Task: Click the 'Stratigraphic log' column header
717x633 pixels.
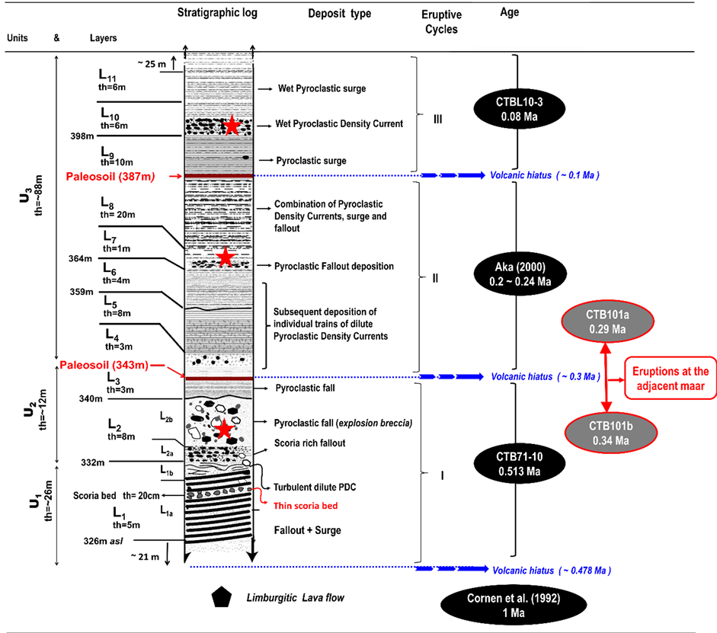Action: tap(217, 14)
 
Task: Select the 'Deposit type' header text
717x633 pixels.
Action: tap(340, 14)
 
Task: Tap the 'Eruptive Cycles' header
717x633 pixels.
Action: tap(441, 22)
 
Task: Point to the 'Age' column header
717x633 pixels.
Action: tap(510, 13)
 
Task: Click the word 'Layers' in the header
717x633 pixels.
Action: tap(103, 38)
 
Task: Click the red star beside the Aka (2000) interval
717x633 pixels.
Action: tap(225, 257)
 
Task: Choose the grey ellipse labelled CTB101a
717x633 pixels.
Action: tap(607, 321)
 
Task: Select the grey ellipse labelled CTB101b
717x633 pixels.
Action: tap(610, 433)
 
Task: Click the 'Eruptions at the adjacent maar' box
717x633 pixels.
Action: tap(671, 379)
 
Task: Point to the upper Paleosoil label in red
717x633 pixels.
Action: tap(111, 177)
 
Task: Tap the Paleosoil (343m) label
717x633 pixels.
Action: tap(104, 365)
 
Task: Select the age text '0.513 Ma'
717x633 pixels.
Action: tap(518, 471)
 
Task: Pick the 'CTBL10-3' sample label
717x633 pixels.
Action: tap(519, 102)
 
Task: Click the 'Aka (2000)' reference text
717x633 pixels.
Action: tap(520, 267)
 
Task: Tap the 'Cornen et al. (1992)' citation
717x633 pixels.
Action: tap(514, 599)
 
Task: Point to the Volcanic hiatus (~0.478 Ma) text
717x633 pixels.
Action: tap(551, 571)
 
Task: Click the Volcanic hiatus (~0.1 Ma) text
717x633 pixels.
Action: tap(545, 175)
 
